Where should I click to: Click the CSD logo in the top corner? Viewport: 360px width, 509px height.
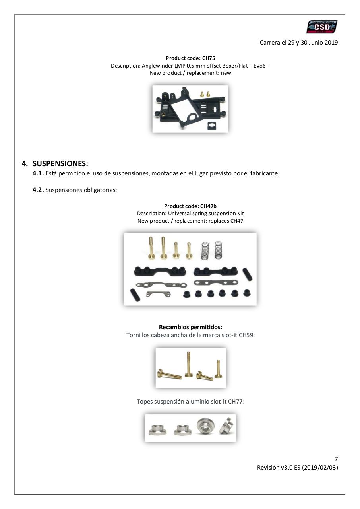click(x=322, y=27)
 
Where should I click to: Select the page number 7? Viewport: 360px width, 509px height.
click(x=336, y=459)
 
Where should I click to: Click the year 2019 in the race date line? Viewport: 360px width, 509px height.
click(x=329, y=43)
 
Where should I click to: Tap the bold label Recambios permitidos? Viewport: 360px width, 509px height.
click(x=190, y=327)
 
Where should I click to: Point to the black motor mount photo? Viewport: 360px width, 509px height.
click(x=190, y=109)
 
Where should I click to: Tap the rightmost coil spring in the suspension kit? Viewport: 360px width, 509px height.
click(x=218, y=250)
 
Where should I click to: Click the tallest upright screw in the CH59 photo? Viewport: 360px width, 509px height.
click(x=186, y=364)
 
